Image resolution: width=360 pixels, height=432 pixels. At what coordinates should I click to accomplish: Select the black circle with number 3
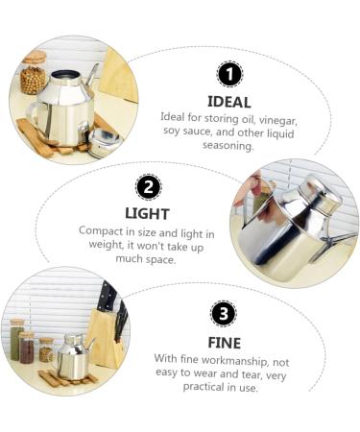[x=222, y=313]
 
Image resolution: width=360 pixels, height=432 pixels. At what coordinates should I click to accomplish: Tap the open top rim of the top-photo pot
[x=65, y=74]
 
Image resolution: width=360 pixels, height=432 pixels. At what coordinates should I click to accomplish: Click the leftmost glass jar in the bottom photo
[x=16, y=340]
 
